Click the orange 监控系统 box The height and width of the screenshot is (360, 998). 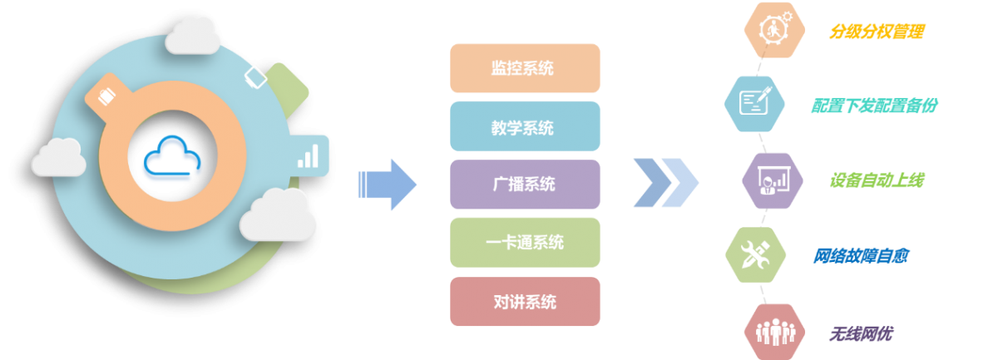click(x=524, y=68)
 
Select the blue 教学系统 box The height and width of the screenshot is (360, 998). click(x=524, y=126)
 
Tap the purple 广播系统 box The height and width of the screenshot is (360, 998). click(x=524, y=185)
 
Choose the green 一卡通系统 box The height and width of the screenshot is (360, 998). click(x=524, y=243)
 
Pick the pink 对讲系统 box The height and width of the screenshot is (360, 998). click(x=524, y=301)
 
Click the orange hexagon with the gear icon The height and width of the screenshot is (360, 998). click(x=773, y=29)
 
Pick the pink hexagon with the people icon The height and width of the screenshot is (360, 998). click(x=773, y=331)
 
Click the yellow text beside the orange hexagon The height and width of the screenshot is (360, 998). click(x=877, y=32)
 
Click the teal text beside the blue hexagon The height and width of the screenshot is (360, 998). click(x=875, y=106)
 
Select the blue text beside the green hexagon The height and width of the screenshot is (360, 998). click(x=860, y=255)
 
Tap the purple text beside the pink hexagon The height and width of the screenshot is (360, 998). click(x=861, y=334)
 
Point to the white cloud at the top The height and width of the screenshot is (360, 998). click(x=194, y=35)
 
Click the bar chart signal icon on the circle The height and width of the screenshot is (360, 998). click(x=309, y=155)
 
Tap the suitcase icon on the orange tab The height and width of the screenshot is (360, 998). click(x=106, y=92)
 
